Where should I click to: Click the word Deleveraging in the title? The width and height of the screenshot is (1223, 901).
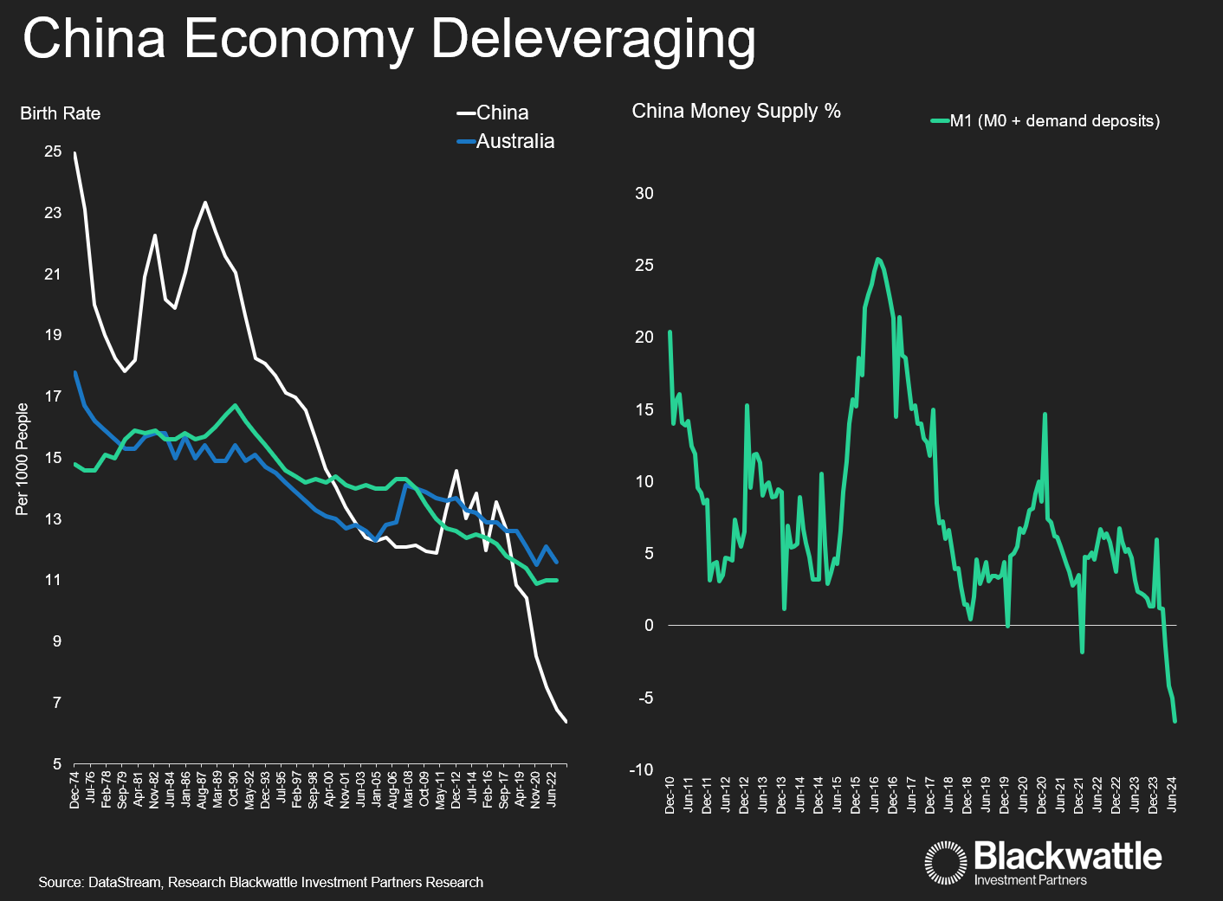click(593, 40)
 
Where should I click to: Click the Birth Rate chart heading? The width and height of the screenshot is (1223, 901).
click(61, 113)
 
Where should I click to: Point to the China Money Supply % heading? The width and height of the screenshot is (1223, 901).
click(736, 111)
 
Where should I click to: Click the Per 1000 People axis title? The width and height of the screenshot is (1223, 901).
click(23, 459)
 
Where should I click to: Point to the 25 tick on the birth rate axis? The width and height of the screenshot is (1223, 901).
click(53, 151)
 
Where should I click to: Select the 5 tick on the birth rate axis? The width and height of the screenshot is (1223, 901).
click(57, 763)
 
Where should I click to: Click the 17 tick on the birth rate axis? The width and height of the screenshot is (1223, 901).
click(53, 396)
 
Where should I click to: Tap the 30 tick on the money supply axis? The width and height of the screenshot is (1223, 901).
click(644, 193)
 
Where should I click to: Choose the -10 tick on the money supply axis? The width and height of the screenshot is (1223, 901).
click(642, 769)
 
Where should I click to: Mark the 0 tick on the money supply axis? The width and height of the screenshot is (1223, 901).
click(649, 625)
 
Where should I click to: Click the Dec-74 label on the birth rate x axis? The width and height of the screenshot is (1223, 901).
click(74, 789)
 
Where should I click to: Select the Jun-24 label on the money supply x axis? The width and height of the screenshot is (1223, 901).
click(1172, 794)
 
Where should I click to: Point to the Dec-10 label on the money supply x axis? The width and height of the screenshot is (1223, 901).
click(670, 795)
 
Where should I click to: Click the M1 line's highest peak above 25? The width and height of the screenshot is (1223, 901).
click(878, 258)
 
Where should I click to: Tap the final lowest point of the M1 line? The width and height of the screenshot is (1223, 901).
click(1175, 721)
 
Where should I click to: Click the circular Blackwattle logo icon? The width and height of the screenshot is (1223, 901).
click(945, 862)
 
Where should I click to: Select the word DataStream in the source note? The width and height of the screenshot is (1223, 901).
click(124, 882)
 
